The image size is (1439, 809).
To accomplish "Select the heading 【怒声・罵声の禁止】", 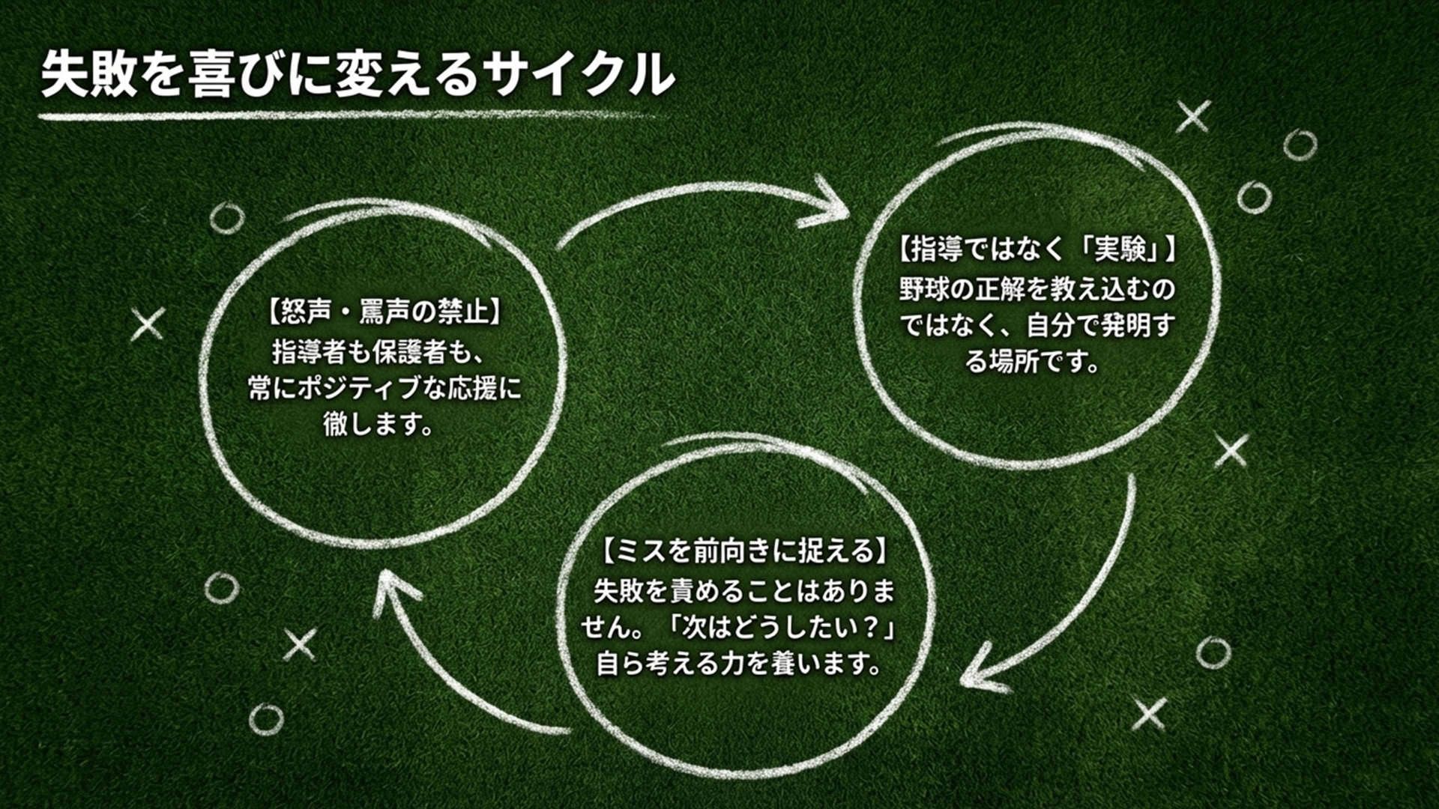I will point(382,312).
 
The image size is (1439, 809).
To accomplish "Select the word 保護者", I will point(422,351).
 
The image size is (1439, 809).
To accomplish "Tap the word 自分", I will point(1051,325).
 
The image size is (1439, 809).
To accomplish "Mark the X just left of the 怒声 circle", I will point(148,324).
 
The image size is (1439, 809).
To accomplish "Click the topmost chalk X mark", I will point(1193,117).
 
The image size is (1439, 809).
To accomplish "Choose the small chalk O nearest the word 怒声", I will point(226,218).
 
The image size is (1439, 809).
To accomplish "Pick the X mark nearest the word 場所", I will point(1231,451).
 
